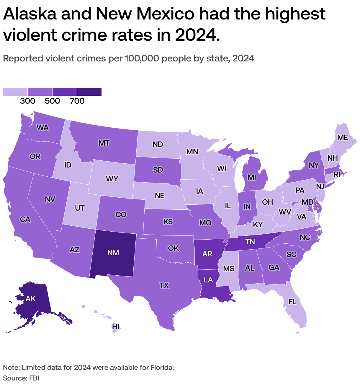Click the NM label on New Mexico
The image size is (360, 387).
click(113, 253)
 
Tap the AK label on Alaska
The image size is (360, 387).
click(30, 299)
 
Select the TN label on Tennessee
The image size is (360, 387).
click(250, 242)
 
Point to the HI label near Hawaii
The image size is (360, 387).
click(116, 326)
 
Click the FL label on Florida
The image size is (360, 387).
click(292, 302)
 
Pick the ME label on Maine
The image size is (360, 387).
click(343, 138)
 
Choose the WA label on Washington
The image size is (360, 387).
click(42, 128)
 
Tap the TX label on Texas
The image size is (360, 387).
click(164, 285)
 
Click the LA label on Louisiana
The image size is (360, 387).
click(208, 280)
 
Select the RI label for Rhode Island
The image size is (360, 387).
click(337, 175)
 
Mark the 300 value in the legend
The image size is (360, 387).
click(28, 101)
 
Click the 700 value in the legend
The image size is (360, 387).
click(77, 101)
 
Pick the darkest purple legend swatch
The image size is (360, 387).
click(89, 92)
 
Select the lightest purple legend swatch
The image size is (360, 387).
click(15, 92)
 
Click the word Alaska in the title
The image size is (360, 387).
click(30, 14)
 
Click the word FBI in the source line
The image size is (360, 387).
click(34, 378)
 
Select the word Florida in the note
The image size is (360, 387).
click(162, 368)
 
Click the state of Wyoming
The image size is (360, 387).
click(112, 179)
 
